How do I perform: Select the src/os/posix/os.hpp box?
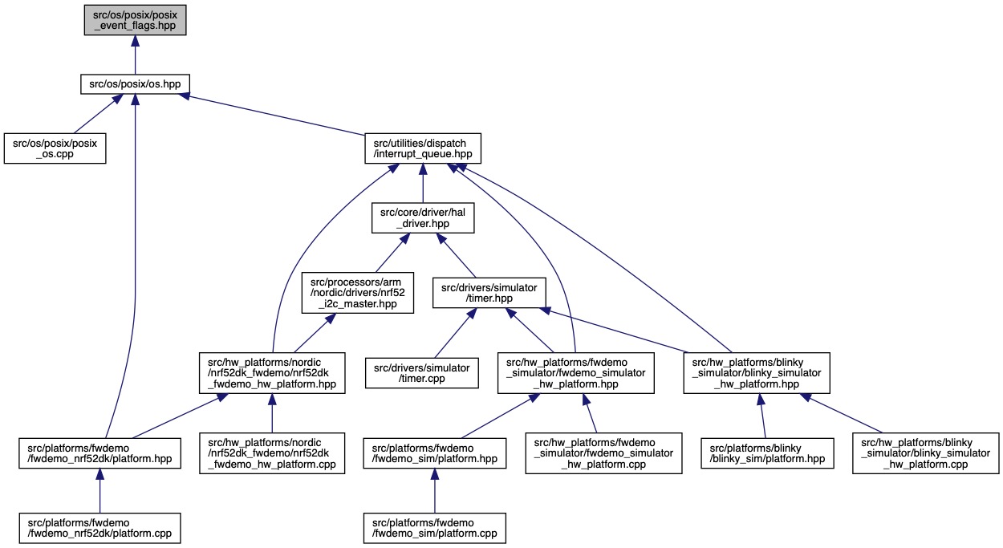(x=135, y=83)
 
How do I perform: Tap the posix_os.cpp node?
(x=55, y=148)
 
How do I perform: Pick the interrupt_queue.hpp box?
(x=423, y=148)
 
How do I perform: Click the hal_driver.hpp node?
(x=423, y=217)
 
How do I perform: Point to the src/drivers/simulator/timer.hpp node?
(x=490, y=292)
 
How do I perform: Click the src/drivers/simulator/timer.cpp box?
(x=423, y=370)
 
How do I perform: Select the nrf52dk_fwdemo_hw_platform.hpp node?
(x=272, y=371)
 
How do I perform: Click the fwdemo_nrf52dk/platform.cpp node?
(x=99, y=524)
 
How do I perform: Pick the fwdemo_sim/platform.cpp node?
(x=434, y=524)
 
